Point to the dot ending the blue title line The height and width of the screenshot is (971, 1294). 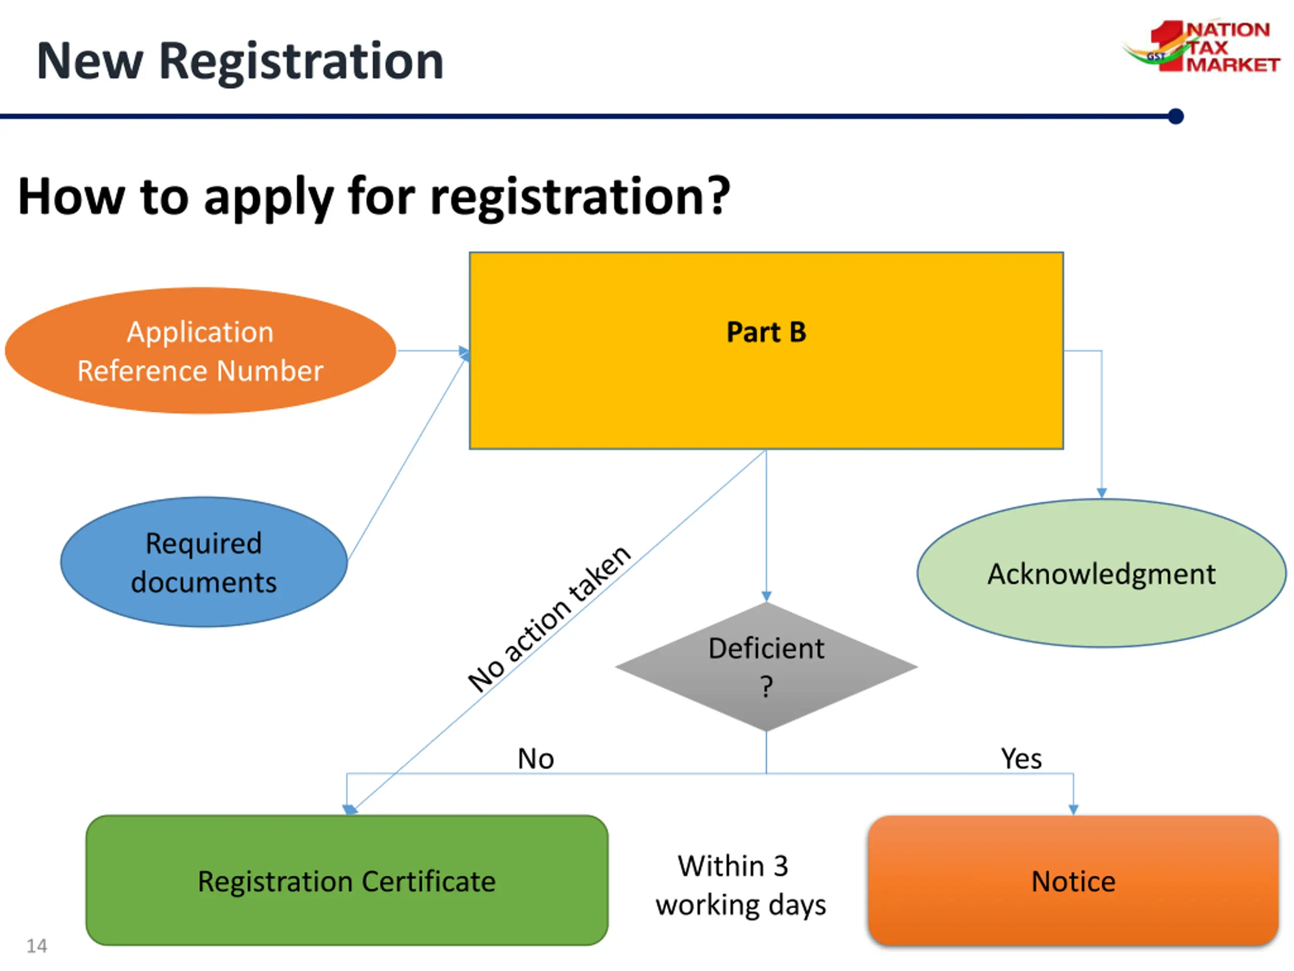pos(1175,116)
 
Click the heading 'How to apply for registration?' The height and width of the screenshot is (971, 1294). pos(375,197)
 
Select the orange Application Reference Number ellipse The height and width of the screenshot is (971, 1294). pos(201,350)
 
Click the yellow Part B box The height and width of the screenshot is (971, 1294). pos(766,350)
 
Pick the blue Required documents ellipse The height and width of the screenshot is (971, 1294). pos(204,562)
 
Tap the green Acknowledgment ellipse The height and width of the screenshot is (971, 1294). pos(1101,573)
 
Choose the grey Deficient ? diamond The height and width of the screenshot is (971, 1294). pos(766,667)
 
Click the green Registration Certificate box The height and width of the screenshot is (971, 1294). pos(347,880)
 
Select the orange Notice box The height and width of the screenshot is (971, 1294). pos(1074,880)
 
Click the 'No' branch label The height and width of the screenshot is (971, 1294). pos(536,759)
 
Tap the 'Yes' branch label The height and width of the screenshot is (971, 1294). pos(1022,759)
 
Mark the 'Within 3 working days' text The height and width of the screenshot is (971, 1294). pos(741,885)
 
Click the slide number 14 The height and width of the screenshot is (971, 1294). pos(37,946)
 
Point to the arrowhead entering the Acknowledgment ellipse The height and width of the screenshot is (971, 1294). pos(1101,494)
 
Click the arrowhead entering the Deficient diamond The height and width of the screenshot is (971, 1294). pos(766,596)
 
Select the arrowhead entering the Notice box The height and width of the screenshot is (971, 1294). pos(1074,810)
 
